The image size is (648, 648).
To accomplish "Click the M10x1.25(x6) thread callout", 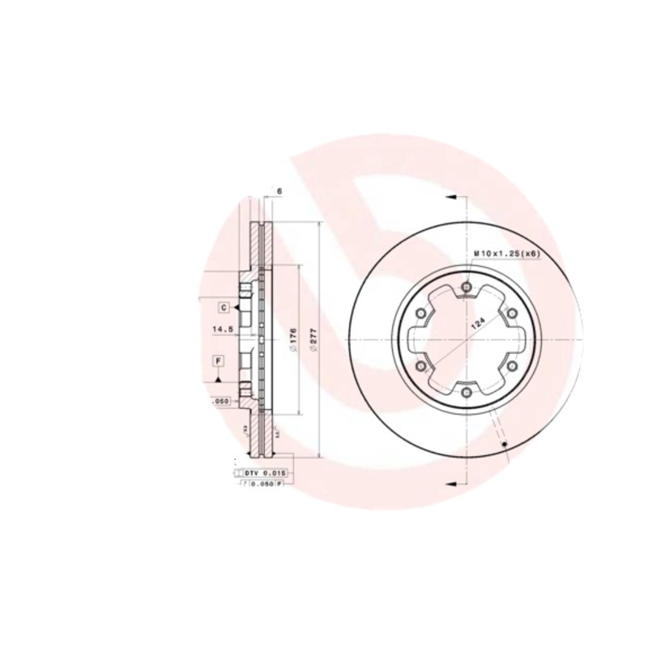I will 506,254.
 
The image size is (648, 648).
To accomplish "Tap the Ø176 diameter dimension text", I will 292,338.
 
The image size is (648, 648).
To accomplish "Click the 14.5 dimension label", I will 222,330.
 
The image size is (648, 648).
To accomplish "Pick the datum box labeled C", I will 223,306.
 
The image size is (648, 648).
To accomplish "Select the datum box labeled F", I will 218,360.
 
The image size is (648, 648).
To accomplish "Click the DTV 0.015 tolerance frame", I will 262,471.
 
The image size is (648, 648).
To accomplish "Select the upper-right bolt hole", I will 512,313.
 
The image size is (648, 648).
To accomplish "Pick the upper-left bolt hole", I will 420,313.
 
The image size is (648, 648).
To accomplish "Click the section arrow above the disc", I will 450,197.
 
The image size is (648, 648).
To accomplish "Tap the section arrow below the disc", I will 450,483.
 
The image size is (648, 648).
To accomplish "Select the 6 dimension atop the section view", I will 279,191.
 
